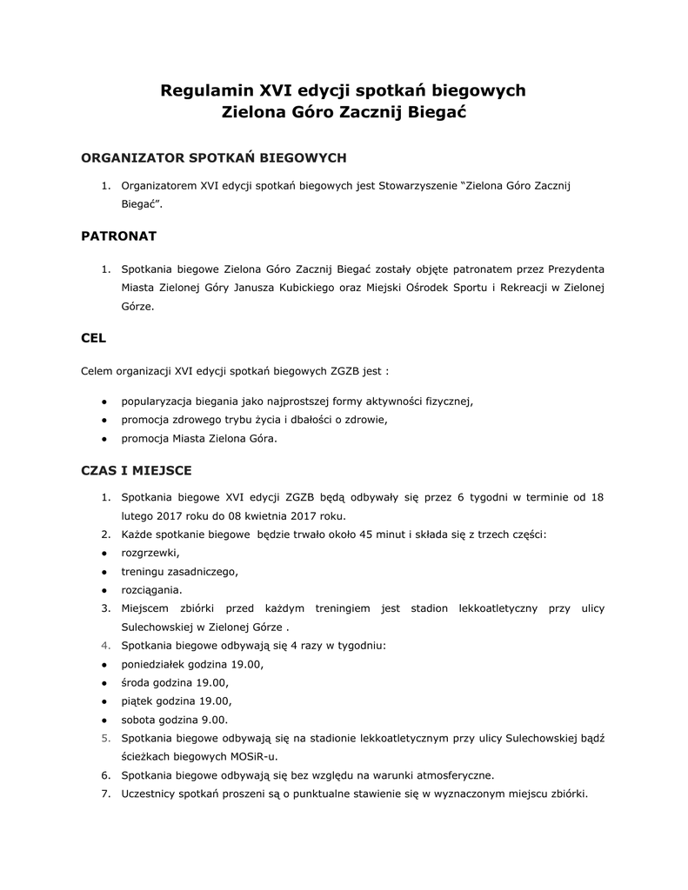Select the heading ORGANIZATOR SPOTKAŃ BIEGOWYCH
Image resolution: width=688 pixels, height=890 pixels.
[213, 157]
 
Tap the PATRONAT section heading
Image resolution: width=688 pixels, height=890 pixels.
[118, 236]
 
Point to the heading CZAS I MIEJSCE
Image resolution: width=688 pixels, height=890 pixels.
[136, 470]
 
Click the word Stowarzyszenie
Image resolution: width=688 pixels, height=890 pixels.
[418, 185]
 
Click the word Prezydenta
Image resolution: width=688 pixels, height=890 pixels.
[574, 269]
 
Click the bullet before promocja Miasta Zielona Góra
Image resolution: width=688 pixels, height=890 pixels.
[104, 439]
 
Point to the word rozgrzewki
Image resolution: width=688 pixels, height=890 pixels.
[150, 553]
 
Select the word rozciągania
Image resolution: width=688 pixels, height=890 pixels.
[151, 589]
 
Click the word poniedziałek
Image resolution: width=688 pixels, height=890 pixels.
[157, 664]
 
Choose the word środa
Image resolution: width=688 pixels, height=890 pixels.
[137, 682]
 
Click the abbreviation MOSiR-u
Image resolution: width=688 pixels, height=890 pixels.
[242, 756]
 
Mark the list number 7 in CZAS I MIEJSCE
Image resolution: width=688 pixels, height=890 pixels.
[105, 793]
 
